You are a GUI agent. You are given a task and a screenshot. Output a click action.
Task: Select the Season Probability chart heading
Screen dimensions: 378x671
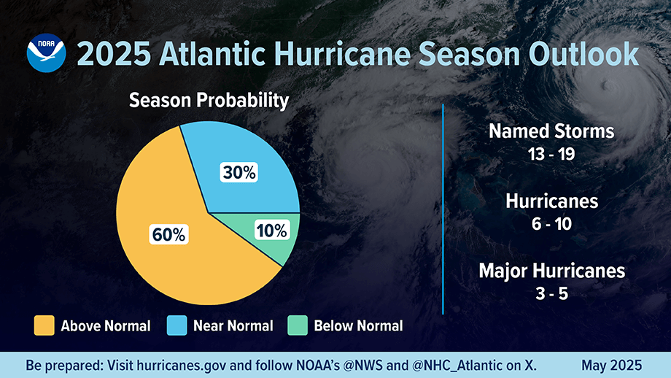click(209, 101)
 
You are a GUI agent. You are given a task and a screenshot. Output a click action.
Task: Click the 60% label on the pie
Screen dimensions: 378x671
click(169, 234)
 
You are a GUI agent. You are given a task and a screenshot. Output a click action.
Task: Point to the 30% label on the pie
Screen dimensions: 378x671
click(238, 173)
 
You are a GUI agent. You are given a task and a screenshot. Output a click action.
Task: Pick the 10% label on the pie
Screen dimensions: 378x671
click(272, 231)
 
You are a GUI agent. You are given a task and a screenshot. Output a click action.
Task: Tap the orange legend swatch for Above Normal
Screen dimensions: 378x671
click(44, 325)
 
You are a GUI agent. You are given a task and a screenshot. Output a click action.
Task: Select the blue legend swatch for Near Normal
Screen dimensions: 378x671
click(177, 325)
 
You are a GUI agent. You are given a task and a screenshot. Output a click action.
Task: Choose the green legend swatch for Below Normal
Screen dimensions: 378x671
click(298, 325)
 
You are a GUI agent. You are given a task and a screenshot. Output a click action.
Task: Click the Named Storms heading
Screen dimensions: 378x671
click(551, 131)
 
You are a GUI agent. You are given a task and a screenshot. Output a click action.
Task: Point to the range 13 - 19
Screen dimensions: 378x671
click(551, 154)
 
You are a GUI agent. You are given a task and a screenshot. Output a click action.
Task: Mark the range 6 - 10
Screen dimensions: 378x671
click(551, 224)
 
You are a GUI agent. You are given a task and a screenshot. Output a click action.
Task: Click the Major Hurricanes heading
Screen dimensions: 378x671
click(551, 271)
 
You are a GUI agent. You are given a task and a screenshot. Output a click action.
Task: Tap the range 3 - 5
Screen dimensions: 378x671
click(551, 293)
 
